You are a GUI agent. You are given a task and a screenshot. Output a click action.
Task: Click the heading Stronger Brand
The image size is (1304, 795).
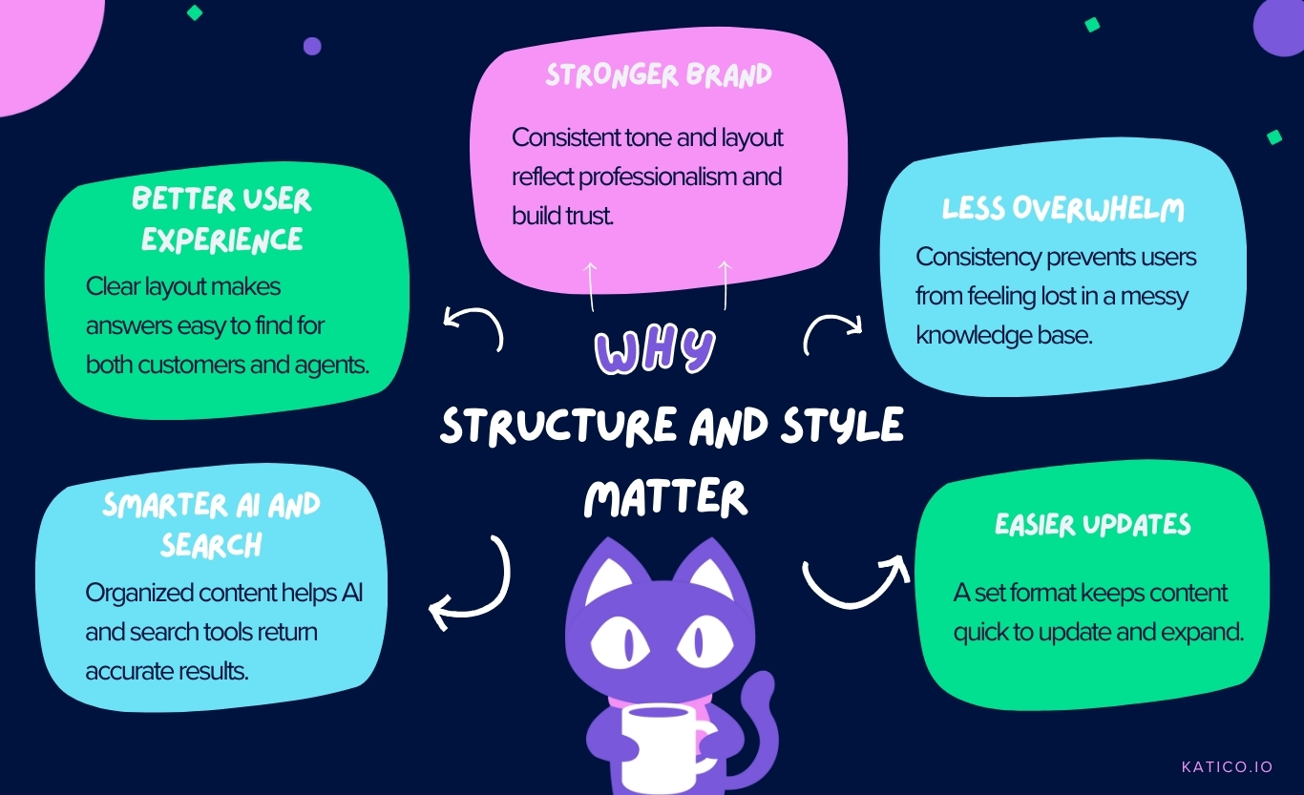click(x=658, y=76)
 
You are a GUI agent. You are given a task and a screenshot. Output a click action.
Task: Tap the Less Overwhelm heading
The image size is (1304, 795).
click(x=1062, y=209)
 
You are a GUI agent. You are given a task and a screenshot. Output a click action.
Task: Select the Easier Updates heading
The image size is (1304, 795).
click(x=1093, y=524)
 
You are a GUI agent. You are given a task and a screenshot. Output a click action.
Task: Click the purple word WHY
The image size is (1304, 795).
click(x=655, y=352)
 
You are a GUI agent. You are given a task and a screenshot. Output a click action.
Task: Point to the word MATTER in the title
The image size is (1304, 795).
click(x=665, y=498)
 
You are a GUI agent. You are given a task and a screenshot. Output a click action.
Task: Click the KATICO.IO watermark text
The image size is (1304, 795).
click(x=1227, y=766)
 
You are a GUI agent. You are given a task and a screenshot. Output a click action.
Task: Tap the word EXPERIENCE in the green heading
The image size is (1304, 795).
click(x=222, y=239)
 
